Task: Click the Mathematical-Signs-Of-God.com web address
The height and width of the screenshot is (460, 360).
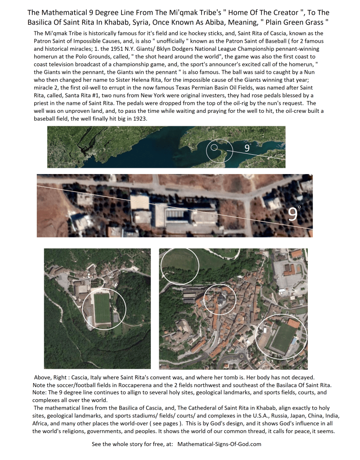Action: pos(219,444)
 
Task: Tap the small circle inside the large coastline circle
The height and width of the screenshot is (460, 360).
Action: pos(214,147)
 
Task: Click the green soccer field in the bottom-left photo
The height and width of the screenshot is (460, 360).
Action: pos(102,308)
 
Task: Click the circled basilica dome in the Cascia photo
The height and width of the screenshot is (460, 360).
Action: pos(220,299)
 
